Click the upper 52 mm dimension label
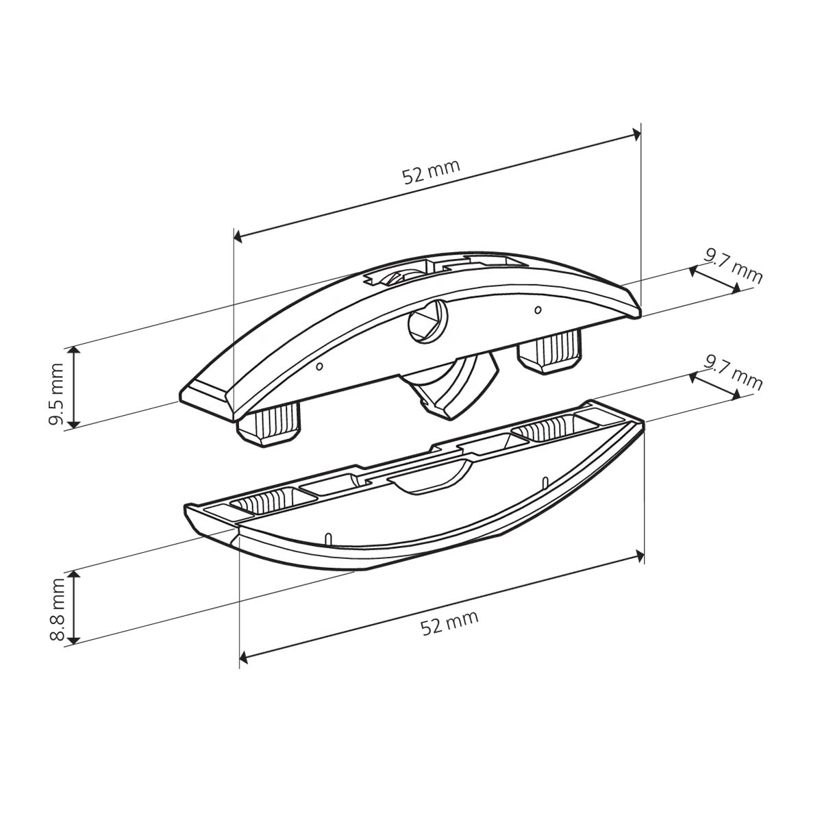pos(432,171)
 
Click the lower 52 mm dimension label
pos(449,623)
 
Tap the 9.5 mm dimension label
pos(56,394)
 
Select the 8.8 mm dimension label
pos(56,610)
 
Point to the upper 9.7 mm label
pos(732,266)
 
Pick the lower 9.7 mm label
pos(732,374)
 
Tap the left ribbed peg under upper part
pos(269,428)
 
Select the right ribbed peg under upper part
pos(550,352)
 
